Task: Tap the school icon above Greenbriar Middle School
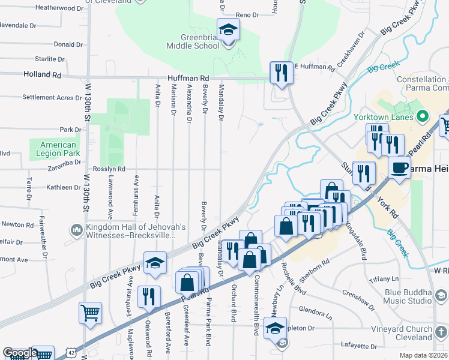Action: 228,30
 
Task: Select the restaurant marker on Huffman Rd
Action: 280,73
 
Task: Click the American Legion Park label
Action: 58,149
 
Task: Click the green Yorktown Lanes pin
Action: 422,116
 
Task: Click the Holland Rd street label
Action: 43,76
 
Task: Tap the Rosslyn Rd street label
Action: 109,169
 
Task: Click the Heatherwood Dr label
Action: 59,8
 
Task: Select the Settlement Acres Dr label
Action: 52,97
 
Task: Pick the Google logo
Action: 19,353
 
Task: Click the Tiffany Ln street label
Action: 384,279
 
